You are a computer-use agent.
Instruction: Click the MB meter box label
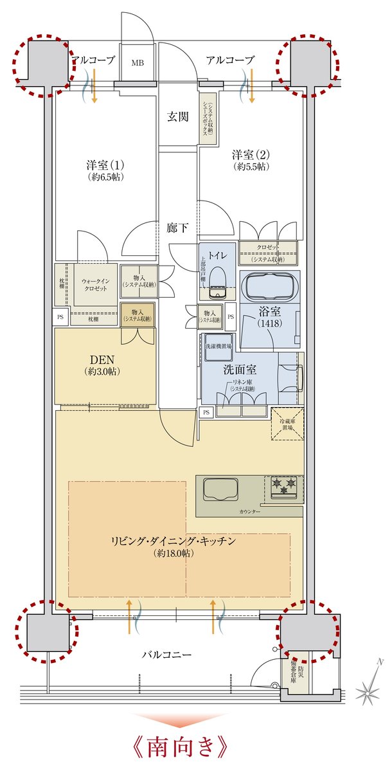pyautogui.click(x=138, y=62)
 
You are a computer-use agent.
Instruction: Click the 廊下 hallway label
pyautogui.click(x=177, y=228)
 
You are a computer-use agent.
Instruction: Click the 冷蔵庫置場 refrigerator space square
pyautogui.click(x=287, y=424)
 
